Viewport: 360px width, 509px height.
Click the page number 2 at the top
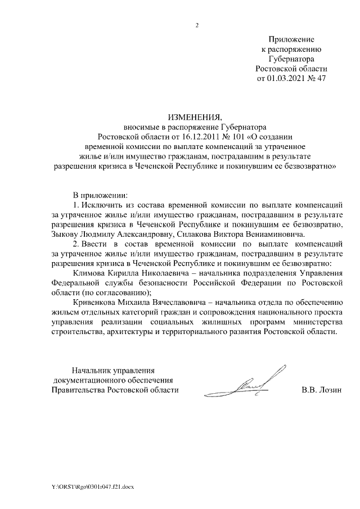pyautogui.click(x=197, y=25)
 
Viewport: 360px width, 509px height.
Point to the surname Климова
pyautogui.click(x=91, y=273)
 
